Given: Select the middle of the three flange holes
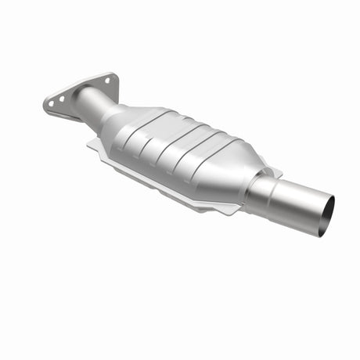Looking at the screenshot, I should (62, 99).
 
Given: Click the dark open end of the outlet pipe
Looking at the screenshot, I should (327, 217).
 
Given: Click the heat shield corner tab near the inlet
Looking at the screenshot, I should (95, 144).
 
